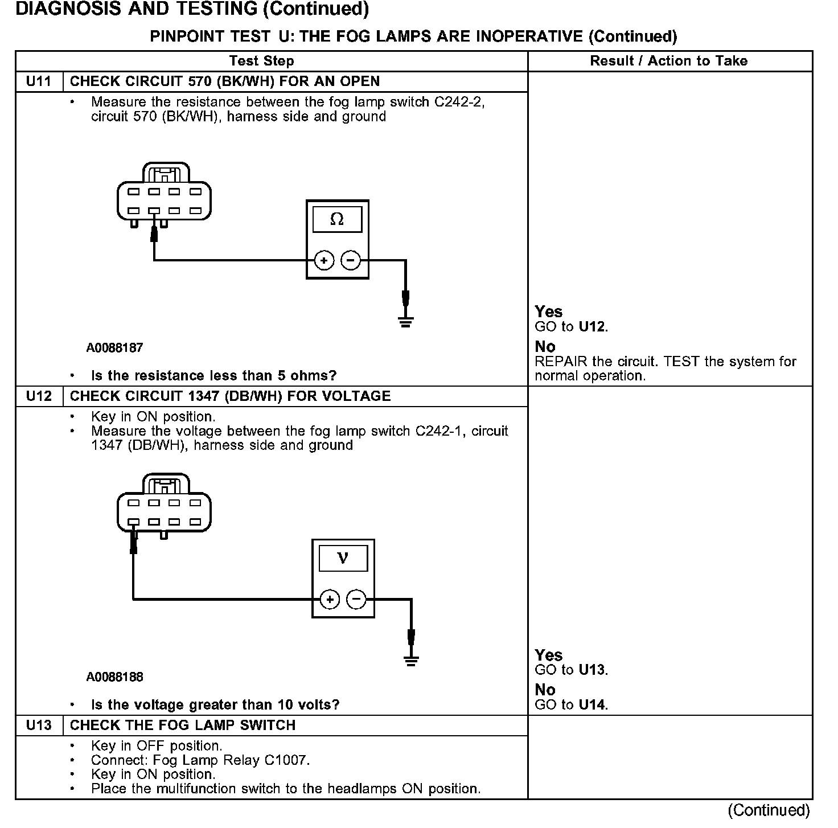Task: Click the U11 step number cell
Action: [39, 81]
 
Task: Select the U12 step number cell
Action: [39, 396]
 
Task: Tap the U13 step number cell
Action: [39, 725]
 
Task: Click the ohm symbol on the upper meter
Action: [337, 219]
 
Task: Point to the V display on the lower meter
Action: [343, 558]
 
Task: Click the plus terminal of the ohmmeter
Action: [324, 261]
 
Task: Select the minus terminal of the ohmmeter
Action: [351, 261]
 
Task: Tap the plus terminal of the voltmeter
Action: [330, 600]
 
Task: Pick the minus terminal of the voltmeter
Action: [356, 600]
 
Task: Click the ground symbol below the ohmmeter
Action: [405, 322]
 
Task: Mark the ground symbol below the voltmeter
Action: [411, 661]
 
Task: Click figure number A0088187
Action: [115, 347]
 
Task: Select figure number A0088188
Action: [115, 677]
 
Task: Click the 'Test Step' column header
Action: [262, 61]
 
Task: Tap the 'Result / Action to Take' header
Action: [669, 61]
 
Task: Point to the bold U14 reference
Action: [592, 704]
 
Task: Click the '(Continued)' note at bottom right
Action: [769, 810]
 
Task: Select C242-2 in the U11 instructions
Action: [459, 102]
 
